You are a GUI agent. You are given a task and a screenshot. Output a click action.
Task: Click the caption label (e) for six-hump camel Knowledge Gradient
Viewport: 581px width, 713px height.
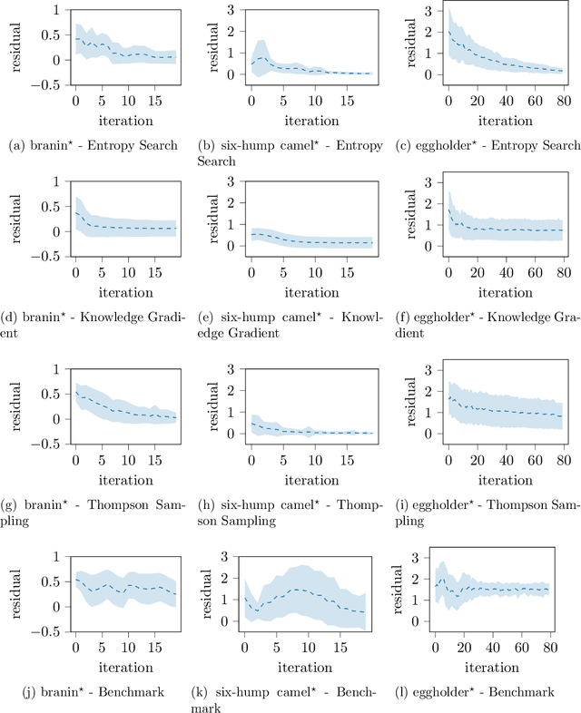pos(205,317)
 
